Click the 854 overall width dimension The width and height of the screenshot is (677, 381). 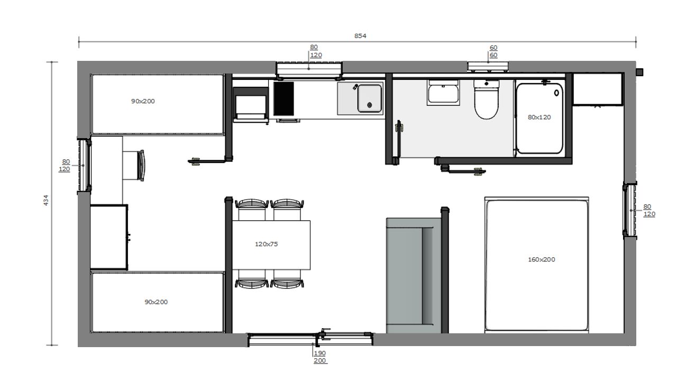coord(360,36)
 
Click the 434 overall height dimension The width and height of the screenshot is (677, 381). coord(45,201)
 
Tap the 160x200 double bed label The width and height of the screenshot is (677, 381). coord(541,259)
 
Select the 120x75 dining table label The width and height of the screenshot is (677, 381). coord(266,244)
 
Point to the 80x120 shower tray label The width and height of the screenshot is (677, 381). coord(539,117)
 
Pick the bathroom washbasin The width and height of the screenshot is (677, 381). coord(443,93)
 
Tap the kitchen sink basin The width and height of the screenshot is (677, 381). coord(370,98)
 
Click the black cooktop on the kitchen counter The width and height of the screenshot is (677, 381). coord(283,98)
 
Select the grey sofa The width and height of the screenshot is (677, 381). coord(413,276)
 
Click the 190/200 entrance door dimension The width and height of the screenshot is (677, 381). coord(320,357)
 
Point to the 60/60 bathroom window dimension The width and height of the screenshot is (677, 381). coord(493,51)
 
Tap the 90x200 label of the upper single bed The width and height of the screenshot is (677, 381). coord(143,101)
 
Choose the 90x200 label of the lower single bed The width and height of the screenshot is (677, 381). coord(156,302)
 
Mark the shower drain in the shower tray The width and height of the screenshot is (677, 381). coord(556,93)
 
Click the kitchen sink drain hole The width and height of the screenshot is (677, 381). coord(369,105)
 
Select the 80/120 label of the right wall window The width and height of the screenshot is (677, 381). coord(648,211)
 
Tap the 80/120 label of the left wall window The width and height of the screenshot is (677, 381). coord(65,166)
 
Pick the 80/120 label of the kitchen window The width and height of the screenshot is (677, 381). coord(315,51)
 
